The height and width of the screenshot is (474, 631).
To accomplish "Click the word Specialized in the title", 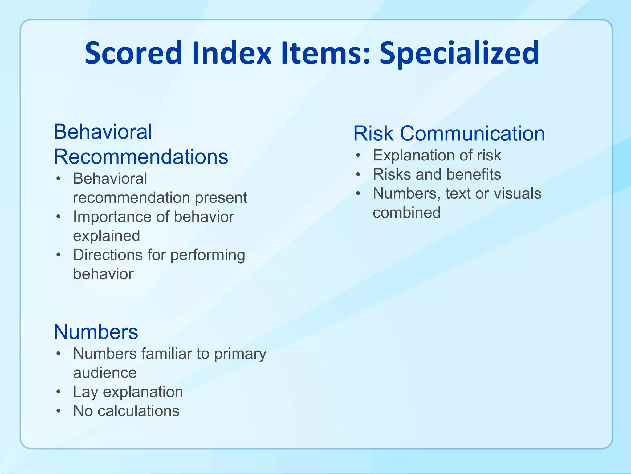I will point(459,53).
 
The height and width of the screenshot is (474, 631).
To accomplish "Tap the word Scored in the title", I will point(133,53).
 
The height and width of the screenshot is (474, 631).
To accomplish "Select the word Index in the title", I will point(231,53).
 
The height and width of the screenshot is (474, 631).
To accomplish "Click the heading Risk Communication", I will point(449,134).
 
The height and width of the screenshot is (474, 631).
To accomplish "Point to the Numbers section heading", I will point(96,332).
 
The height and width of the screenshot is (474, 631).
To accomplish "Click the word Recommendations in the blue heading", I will point(141,157).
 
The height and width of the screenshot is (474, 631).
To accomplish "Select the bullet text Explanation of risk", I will point(437,155).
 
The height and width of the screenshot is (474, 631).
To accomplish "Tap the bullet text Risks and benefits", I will point(437,174).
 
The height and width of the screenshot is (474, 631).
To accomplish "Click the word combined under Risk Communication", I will point(406,213).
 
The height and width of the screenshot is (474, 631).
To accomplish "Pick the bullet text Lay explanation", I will point(128,392).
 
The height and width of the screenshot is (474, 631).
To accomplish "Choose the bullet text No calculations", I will point(126,411).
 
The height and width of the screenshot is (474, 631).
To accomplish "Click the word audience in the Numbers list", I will point(105,373).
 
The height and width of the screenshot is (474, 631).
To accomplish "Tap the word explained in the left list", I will point(107,236).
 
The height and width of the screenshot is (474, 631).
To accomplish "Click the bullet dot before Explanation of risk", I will point(358,155).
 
